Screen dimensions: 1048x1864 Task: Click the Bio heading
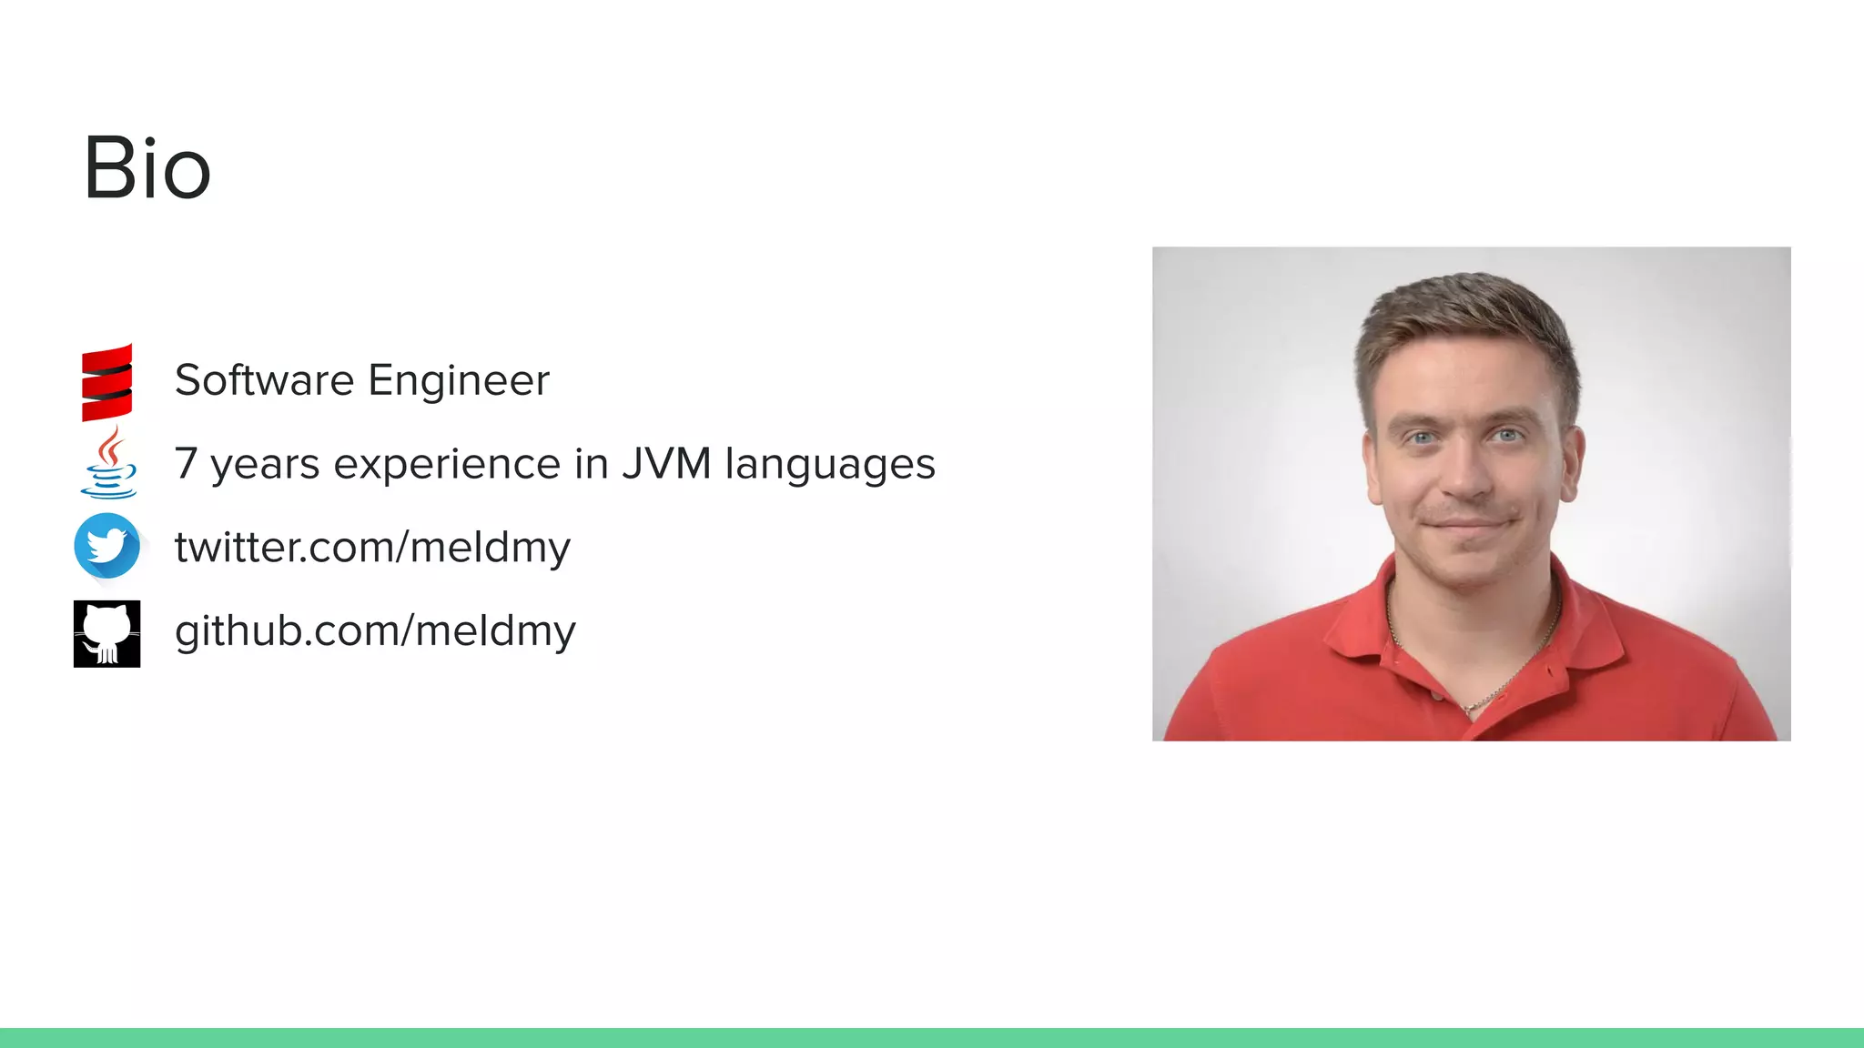[x=147, y=168]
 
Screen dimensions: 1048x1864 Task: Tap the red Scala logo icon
[x=107, y=382]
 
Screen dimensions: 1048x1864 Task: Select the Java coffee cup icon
[x=108, y=463]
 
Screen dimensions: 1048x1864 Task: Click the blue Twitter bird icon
[x=107, y=546]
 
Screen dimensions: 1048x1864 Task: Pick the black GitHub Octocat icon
[x=107, y=633]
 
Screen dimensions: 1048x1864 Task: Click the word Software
[x=264, y=380]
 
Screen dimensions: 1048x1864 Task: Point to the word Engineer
[x=459, y=380]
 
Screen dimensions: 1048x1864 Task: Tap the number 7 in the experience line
[x=186, y=464]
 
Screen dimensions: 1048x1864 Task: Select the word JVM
[x=666, y=464]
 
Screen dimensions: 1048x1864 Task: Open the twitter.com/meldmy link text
[x=372, y=548]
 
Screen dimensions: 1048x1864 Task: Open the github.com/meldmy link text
[x=375, y=631]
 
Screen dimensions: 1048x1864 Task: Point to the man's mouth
[x=1467, y=525]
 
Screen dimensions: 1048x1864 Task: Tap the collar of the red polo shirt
[x=1365, y=628]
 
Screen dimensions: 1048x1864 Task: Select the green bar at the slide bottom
[x=932, y=1037]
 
